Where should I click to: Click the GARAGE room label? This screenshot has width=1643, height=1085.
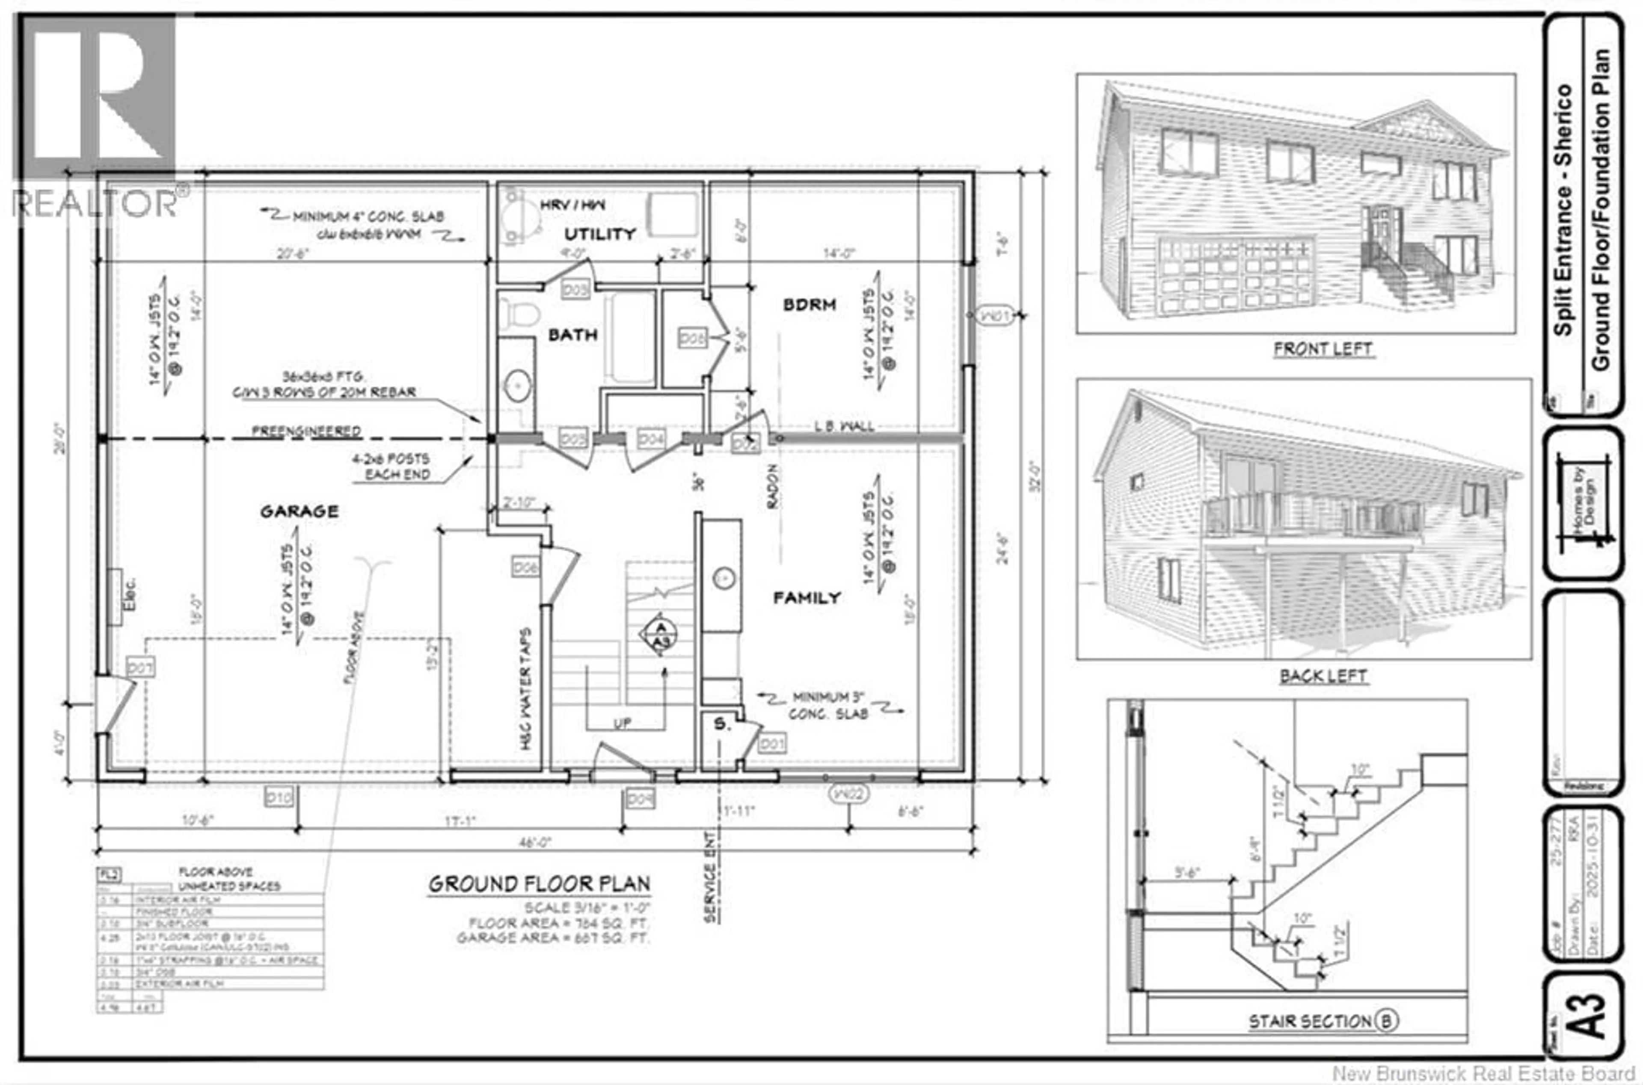tap(299, 511)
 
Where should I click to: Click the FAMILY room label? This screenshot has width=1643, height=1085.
tap(807, 597)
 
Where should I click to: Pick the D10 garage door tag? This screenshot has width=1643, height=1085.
tap(279, 798)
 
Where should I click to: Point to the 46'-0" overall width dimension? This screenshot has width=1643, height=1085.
tap(535, 843)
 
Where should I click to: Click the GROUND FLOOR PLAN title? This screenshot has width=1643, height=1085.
tap(539, 884)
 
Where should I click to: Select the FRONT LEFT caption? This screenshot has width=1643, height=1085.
tap(1322, 349)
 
